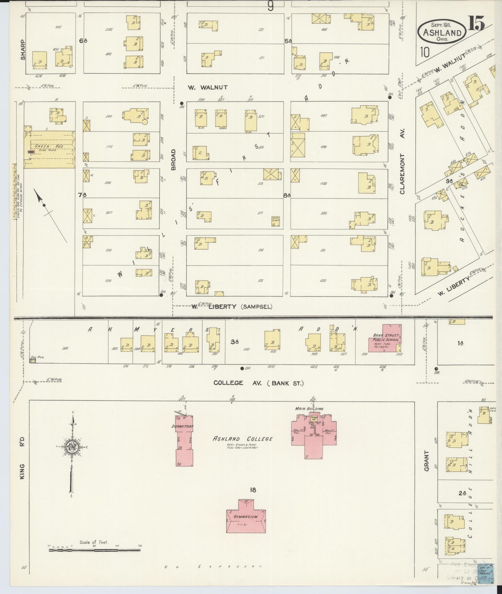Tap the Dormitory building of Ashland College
pos(184,440)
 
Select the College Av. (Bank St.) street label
pos(258,383)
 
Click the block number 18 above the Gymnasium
pos(253,490)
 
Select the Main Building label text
pos(309,409)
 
